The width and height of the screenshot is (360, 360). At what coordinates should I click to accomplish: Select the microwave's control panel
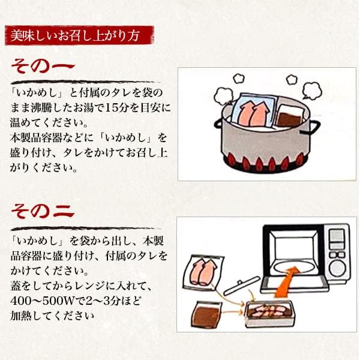click(x=338, y=251)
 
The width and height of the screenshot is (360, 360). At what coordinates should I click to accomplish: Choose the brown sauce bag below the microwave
click(x=206, y=315)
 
